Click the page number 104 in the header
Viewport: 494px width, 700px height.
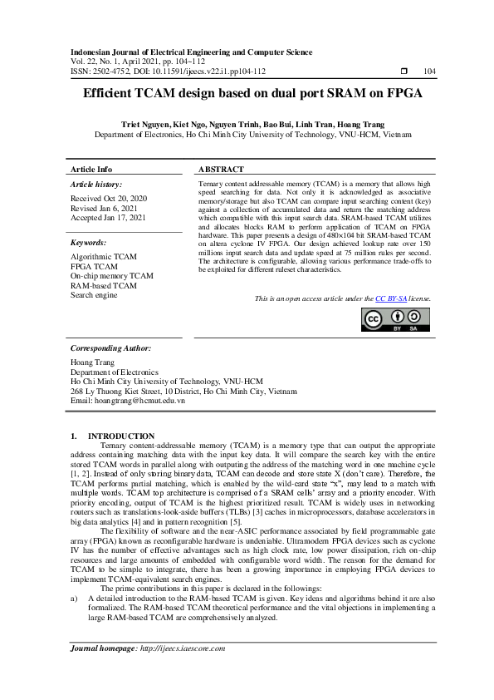[x=429, y=71]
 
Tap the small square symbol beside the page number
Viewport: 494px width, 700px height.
[x=404, y=71]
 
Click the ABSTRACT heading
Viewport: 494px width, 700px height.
[x=222, y=169]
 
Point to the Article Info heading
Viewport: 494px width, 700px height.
[x=91, y=169]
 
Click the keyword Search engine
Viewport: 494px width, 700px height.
[x=94, y=294]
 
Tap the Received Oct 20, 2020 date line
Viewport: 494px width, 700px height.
[x=109, y=199]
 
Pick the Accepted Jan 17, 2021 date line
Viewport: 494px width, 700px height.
[x=108, y=218]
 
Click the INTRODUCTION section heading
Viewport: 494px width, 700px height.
[x=121, y=436]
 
